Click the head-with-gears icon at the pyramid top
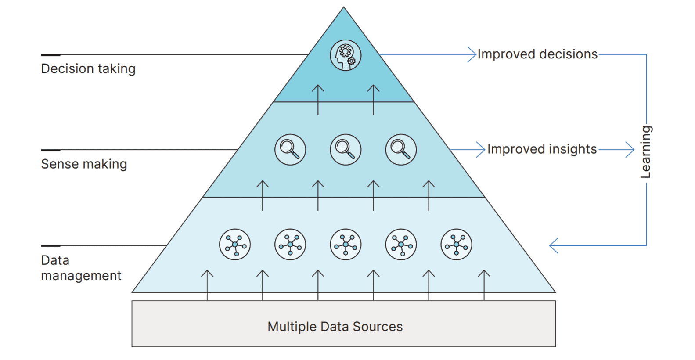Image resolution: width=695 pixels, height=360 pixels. click(x=346, y=56)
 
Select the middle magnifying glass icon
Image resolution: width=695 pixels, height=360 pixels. click(x=346, y=150)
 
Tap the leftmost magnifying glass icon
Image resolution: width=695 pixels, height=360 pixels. click(x=290, y=150)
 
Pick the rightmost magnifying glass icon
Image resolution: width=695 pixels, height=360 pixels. click(x=401, y=150)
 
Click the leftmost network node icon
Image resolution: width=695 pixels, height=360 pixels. click(x=235, y=245)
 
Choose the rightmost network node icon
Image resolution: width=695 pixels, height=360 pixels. click(x=456, y=245)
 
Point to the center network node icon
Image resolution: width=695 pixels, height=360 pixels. click(x=346, y=245)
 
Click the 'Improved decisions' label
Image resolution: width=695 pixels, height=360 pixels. click(x=537, y=54)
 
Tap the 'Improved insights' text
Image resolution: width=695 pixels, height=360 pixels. click(x=542, y=149)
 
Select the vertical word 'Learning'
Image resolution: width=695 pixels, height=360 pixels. click(x=645, y=152)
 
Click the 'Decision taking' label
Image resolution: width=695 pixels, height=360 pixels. click(x=88, y=69)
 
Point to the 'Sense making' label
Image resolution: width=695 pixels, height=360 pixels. click(x=84, y=164)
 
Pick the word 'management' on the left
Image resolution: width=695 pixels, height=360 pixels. click(x=81, y=276)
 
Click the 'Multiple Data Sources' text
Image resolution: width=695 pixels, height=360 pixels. click(x=335, y=327)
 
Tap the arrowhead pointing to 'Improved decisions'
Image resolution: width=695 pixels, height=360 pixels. click(x=472, y=54)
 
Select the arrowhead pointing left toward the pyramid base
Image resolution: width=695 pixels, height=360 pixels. click(x=553, y=245)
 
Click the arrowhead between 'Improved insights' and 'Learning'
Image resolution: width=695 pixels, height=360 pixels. click(x=630, y=150)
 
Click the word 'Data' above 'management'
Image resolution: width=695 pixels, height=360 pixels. click(x=55, y=260)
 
